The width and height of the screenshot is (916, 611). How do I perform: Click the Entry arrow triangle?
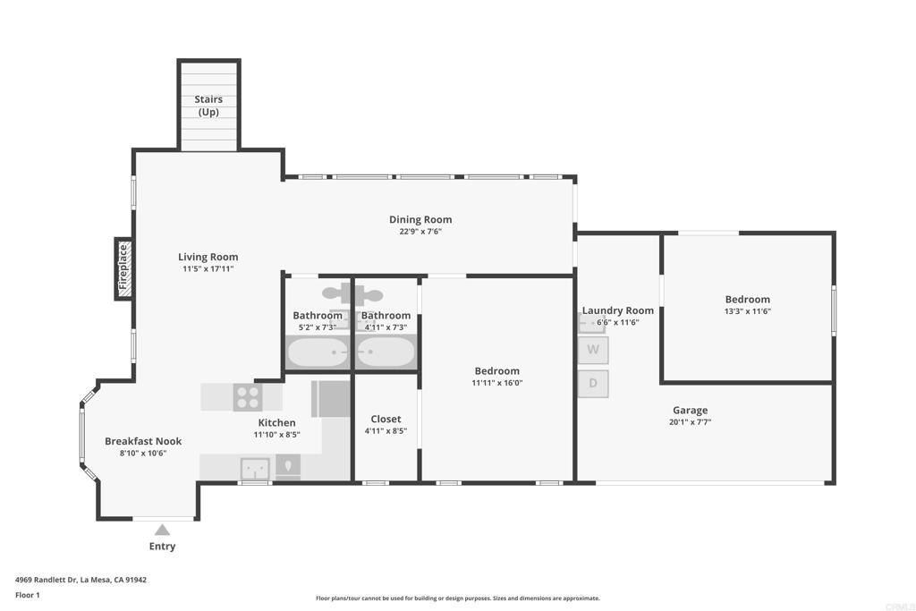click(x=162, y=530)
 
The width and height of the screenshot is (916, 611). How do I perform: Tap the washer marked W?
click(x=593, y=350)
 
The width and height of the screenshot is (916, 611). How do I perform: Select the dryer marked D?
click(x=593, y=383)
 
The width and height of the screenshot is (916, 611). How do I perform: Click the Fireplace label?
click(x=123, y=267)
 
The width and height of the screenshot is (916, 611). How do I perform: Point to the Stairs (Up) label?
click(x=208, y=106)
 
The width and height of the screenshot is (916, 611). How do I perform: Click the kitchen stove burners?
click(x=248, y=397)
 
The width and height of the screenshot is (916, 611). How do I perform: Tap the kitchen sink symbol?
click(x=255, y=469)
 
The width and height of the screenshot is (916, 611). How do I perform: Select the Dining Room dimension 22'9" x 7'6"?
click(x=420, y=232)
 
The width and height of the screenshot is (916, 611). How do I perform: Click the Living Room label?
click(x=208, y=257)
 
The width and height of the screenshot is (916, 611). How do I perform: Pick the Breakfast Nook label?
click(x=143, y=441)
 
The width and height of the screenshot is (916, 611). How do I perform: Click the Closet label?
click(x=386, y=419)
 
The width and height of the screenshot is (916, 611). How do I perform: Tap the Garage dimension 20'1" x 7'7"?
click(x=690, y=421)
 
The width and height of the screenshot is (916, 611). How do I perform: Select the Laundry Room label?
click(x=617, y=310)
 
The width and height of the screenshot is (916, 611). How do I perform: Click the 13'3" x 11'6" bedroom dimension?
click(x=748, y=310)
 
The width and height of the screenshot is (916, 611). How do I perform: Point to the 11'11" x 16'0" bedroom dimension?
click(x=497, y=383)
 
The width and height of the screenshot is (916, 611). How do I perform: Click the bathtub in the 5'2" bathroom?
click(x=318, y=352)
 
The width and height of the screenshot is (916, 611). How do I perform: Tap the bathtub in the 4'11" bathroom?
click(x=386, y=352)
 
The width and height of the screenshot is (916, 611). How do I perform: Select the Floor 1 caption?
click(x=28, y=595)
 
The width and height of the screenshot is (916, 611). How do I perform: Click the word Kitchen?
click(x=277, y=422)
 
